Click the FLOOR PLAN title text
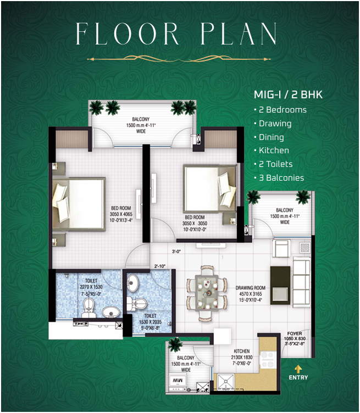pyautogui.click(x=176, y=34)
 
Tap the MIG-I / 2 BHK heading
pyautogui.click(x=287, y=94)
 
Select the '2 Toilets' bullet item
pyautogui.click(x=275, y=164)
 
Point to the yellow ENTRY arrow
pyautogui.click(x=298, y=369)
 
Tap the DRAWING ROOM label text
pyautogui.click(x=251, y=288)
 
